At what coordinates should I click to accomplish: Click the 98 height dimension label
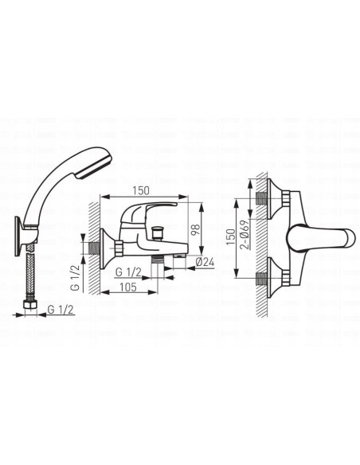(x=196, y=229)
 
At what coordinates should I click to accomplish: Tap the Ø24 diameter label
(x=205, y=262)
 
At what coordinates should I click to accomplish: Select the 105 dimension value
(x=128, y=287)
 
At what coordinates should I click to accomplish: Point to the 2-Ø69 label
(x=245, y=234)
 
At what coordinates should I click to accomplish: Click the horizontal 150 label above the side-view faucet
(x=141, y=190)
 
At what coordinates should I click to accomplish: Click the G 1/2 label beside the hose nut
(x=61, y=310)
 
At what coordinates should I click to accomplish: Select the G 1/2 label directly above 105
(x=128, y=272)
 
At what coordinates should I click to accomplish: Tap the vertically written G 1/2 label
(x=76, y=278)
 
